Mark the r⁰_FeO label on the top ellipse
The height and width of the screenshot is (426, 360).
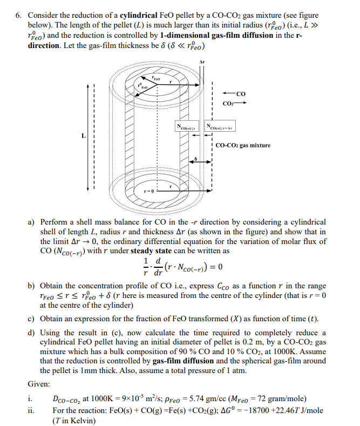142,85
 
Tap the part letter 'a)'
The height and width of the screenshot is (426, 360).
31,222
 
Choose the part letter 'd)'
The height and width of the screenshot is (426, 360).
31,332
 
